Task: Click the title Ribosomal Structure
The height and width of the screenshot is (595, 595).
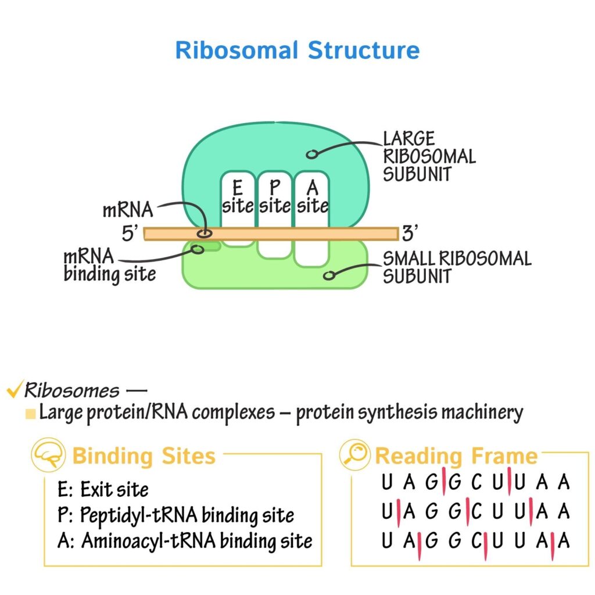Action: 297,51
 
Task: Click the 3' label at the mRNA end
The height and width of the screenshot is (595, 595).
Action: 410,234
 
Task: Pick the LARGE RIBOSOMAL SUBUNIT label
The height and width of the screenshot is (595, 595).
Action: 428,156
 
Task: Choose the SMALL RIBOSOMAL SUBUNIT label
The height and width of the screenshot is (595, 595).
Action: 457,267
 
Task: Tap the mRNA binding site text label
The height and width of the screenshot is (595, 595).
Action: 109,265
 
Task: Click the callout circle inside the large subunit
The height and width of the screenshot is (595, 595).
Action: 312,154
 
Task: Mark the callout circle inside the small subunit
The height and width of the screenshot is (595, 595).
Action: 329,275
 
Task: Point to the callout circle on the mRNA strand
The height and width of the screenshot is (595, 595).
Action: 204,234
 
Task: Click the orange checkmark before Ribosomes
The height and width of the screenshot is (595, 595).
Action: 13,390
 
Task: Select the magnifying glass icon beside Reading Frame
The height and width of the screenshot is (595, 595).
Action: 354,456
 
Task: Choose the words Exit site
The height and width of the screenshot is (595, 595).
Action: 114,489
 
